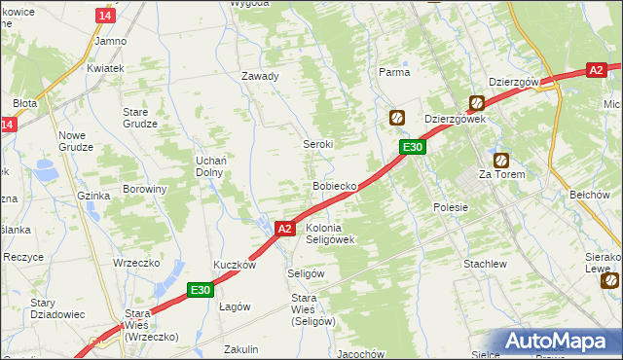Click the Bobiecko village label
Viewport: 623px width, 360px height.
click(337, 185)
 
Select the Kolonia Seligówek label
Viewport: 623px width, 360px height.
click(331, 234)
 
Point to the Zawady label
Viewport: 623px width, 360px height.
click(261, 77)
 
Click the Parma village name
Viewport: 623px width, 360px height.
click(394, 72)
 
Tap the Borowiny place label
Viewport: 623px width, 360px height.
click(145, 189)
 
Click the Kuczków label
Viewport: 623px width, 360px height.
click(235, 265)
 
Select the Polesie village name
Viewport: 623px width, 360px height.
click(451, 207)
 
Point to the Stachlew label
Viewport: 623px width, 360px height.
click(486, 264)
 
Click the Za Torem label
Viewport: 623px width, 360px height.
click(501, 175)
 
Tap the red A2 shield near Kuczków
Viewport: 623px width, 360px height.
click(283, 229)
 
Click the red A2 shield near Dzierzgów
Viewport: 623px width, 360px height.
click(597, 70)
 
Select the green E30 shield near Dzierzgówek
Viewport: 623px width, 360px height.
click(413, 147)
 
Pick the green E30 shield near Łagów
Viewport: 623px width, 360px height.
click(201, 289)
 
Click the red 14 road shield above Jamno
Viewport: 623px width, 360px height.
click(106, 17)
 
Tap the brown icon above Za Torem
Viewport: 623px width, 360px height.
click(501, 160)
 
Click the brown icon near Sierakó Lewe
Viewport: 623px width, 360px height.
click(609, 280)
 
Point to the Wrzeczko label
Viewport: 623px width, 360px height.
click(135, 263)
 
